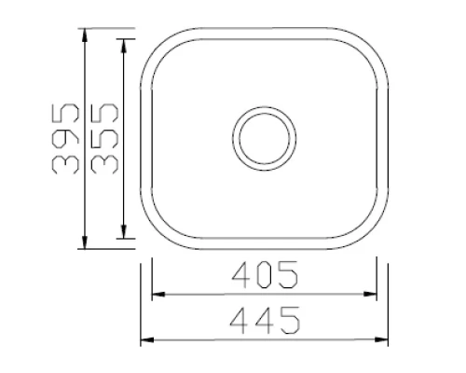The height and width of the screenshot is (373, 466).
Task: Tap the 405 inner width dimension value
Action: click(265, 276)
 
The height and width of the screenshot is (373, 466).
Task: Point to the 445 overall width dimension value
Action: click(265, 321)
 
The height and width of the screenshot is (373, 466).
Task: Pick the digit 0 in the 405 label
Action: click(265, 276)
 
